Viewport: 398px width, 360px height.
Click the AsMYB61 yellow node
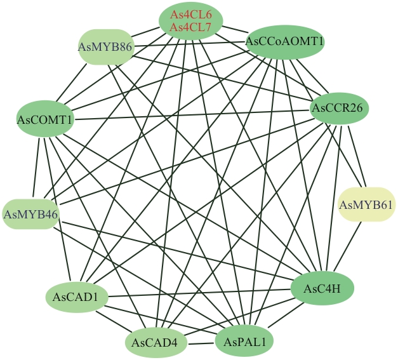point(367,204)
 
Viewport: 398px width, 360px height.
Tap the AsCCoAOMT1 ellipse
point(284,42)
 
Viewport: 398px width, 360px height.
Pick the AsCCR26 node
point(337,109)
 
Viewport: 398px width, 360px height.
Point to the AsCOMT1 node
point(45,119)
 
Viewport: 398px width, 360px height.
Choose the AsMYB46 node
point(31,215)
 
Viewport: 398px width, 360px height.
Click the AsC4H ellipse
point(322,289)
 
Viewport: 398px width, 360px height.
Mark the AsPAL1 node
point(244,342)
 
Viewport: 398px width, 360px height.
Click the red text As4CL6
point(190,13)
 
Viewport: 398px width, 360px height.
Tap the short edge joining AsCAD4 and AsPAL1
point(202,343)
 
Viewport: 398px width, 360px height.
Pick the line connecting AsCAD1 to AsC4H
point(197,293)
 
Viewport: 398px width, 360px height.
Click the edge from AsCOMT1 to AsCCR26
point(190,114)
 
